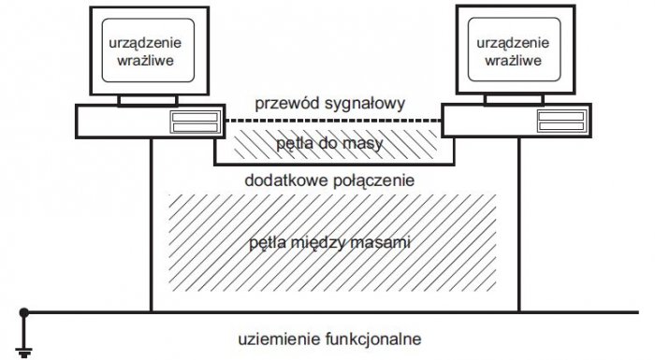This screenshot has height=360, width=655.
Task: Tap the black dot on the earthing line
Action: coord(23,312)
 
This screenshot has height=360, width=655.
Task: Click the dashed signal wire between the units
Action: coord(334,121)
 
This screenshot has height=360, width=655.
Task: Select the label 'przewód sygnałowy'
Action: coord(330,104)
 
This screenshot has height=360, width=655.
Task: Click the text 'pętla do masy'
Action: coord(329,144)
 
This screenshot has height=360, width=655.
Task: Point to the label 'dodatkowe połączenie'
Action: coord(329,180)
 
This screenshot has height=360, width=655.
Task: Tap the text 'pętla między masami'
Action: coord(329,242)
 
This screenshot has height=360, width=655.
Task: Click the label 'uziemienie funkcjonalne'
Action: coord(329,338)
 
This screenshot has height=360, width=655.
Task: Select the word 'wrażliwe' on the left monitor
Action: coord(145,61)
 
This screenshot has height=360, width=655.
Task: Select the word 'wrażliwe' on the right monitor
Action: coord(513,61)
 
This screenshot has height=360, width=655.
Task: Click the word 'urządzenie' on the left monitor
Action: coord(145,43)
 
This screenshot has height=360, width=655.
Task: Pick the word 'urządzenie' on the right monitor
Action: coord(513,43)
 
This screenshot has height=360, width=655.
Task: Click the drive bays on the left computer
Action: coord(196,122)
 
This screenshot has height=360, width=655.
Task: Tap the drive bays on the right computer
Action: coord(561,122)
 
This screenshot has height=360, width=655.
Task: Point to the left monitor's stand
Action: coord(148,100)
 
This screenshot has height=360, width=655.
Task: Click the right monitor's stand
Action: coord(515,99)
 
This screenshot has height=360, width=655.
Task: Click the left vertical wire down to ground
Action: coord(151,225)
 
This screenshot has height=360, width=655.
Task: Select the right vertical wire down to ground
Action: coord(519,224)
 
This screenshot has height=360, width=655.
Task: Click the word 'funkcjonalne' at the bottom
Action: coord(372,338)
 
